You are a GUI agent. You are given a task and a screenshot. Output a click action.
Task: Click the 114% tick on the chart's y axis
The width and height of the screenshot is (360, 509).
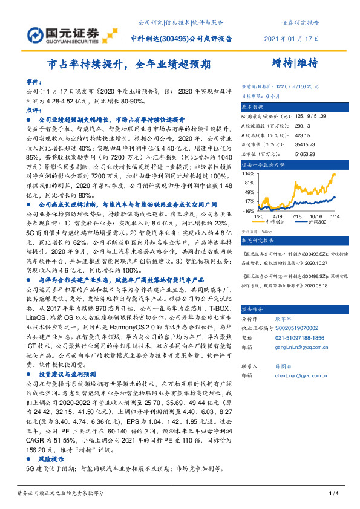pyautogui.click(x=248, y=173)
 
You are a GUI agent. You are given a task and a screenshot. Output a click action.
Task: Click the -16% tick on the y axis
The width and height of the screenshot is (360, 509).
pyautogui.click(x=247, y=210)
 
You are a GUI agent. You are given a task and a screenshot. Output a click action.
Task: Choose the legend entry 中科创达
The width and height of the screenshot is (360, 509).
pyautogui.click(x=275, y=222)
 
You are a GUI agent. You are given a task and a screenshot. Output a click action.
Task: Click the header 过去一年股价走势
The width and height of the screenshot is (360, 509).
pyautogui.click(x=263, y=163)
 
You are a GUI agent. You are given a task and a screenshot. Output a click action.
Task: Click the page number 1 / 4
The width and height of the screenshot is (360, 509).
pyautogui.click(x=333, y=494)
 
